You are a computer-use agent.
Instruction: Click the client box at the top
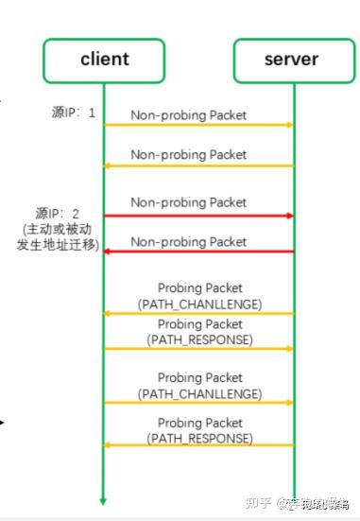point(104,61)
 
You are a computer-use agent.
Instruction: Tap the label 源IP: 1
point(74,113)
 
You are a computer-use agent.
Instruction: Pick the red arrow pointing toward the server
point(198,217)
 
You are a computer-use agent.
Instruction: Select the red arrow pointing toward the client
point(198,252)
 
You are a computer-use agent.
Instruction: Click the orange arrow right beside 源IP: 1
point(198,125)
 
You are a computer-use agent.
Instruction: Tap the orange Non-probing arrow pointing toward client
point(198,166)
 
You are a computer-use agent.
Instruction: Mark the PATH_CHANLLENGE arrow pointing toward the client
point(198,314)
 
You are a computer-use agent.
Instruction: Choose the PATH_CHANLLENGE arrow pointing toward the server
point(198,403)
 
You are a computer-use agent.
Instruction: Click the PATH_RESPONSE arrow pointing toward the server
point(198,349)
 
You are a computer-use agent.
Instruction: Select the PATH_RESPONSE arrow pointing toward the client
point(198,444)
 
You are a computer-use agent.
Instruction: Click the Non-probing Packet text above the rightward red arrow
point(188,202)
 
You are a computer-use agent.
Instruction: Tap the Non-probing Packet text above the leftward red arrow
point(188,241)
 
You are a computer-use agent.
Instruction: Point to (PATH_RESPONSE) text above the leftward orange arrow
point(199,439)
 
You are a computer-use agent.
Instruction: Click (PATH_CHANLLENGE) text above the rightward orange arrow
point(199,392)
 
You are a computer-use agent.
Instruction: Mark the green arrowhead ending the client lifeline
point(104,500)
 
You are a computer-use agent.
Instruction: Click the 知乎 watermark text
point(257,503)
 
